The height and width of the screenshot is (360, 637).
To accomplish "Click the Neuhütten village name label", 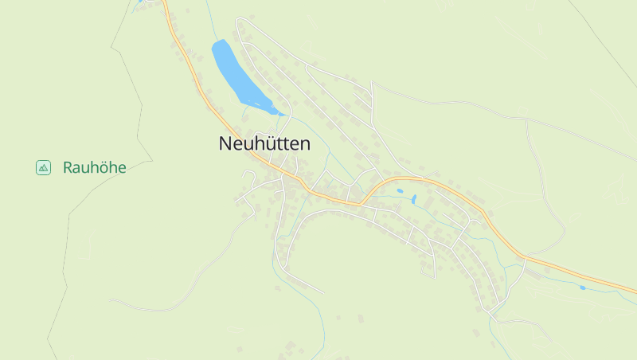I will (x=264, y=144).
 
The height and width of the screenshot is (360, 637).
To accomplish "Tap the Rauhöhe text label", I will (x=95, y=167).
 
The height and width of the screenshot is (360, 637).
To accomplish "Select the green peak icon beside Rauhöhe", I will (x=43, y=167).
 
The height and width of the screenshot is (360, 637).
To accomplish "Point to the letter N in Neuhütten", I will (x=225, y=144).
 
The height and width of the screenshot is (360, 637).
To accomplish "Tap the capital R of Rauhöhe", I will (x=68, y=167).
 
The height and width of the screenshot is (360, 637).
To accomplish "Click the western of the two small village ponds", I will (x=400, y=191).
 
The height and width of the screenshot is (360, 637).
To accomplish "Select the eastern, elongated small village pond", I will (x=414, y=199).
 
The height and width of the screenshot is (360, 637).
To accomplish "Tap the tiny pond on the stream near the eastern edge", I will (x=583, y=287).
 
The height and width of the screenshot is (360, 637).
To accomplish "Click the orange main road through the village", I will (x=446, y=186).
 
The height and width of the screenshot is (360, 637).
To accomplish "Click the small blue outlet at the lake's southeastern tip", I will (x=281, y=114).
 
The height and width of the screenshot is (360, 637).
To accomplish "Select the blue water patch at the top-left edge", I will (x=143, y=2).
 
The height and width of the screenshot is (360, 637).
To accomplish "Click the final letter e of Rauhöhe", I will (x=122, y=167).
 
